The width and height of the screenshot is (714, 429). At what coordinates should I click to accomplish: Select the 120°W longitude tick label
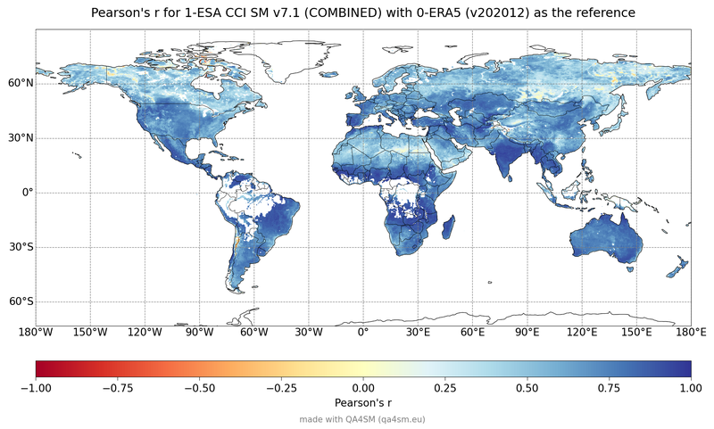tap(145, 333)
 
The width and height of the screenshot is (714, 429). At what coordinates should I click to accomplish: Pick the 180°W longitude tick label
tap(36, 333)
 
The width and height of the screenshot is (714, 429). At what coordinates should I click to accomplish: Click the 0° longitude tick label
tap(363, 333)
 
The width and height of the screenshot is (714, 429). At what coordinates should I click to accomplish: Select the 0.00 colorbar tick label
tap(363, 388)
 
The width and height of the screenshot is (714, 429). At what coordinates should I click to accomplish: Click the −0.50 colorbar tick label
tap(199, 388)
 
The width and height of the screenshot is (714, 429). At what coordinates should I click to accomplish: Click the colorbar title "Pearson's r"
tap(363, 403)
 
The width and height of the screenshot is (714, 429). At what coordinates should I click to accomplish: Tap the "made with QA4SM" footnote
tap(363, 418)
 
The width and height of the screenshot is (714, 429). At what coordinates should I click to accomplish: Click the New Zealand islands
tap(677, 267)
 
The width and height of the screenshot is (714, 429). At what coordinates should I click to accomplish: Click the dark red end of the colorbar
tap(40, 369)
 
